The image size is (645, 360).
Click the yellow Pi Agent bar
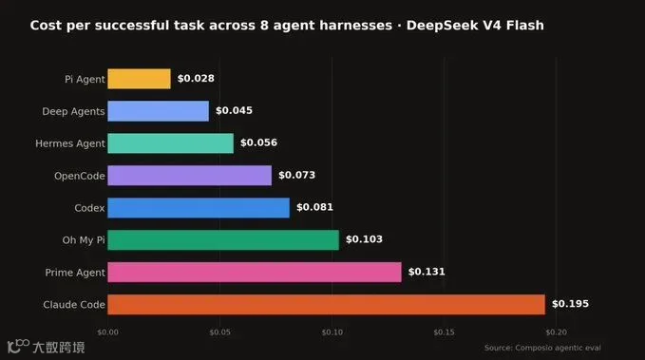click(139, 79)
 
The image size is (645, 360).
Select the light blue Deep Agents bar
click(159, 111)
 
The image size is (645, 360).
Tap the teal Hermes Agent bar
click(171, 143)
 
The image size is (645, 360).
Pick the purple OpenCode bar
click(190, 176)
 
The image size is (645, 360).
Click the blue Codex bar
click(199, 208)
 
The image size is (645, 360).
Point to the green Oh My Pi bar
click(223, 240)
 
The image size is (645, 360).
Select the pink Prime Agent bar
click(255, 272)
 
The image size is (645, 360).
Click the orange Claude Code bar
click(327, 305)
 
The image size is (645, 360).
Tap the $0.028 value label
click(196, 78)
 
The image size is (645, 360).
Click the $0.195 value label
click(570, 304)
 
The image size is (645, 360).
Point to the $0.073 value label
click(297, 175)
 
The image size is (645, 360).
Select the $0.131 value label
click(427, 272)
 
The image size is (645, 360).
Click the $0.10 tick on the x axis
click(332, 332)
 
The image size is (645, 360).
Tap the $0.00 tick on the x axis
click(107, 332)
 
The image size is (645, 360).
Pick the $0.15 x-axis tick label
click(445, 332)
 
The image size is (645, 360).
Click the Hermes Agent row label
click(70, 143)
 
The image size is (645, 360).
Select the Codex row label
click(89, 208)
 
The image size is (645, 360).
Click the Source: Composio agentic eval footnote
click(542, 348)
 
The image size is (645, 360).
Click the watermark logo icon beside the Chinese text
click(18, 346)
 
